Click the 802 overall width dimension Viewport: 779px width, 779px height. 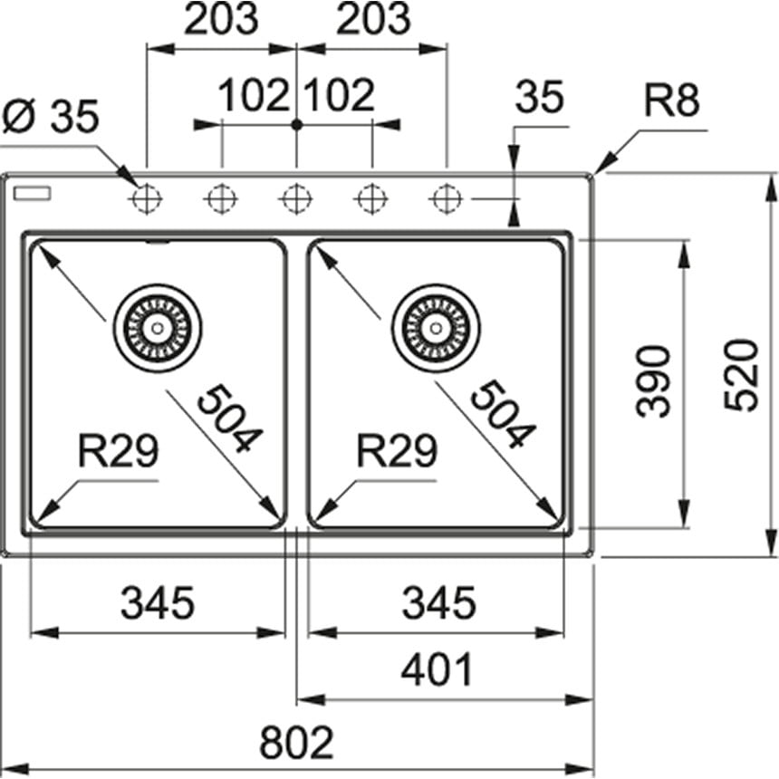[x=296, y=744]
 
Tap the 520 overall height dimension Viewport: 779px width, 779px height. [x=744, y=374]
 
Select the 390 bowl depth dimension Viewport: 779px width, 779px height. [x=654, y=380]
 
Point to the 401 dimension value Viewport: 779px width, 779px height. [x=438, y=671]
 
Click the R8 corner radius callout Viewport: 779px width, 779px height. [x=672, y=101]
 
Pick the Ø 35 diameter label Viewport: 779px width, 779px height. [x=51, y=116]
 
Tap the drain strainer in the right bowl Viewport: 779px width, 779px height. [x=436, y=327]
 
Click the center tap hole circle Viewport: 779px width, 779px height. [x=296, y=197]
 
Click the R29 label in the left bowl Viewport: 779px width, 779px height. [x=118, y=450]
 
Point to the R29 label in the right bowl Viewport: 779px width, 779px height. [x=397, y=450]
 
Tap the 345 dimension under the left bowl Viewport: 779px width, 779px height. [x=158, y=602]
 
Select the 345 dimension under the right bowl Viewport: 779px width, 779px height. [x=438, y=602]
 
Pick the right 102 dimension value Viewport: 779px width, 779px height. [x=340, y=95]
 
